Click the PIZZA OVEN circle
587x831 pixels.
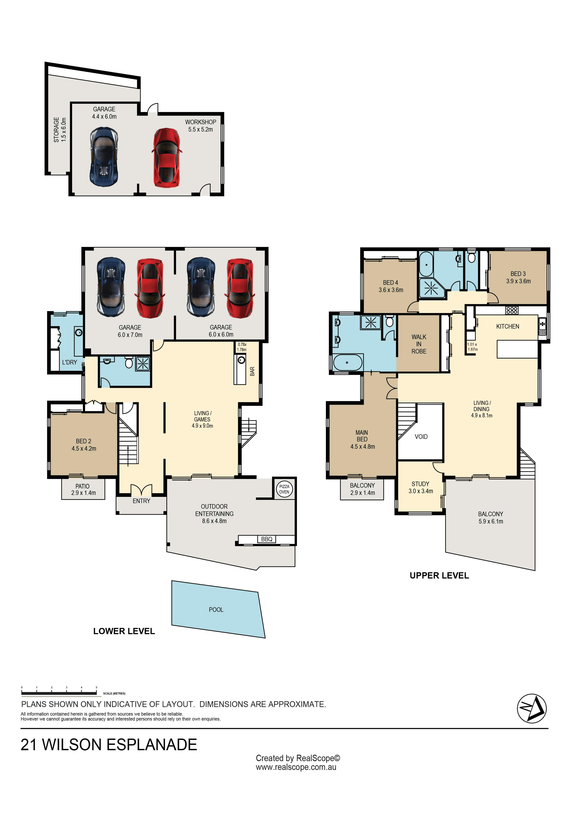pos(284,489)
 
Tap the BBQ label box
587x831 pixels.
pos(267,539)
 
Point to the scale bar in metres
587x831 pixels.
pos(59,694)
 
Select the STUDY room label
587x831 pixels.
pos(420,484)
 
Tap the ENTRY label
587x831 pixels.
pos(141,501)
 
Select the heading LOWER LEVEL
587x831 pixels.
pos(124,631)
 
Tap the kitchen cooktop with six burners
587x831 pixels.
pos(512,310)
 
